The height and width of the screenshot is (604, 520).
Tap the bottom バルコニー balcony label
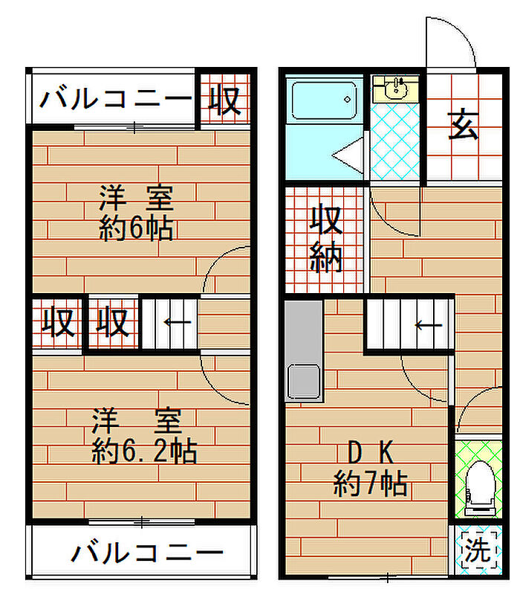[x=148, y=553]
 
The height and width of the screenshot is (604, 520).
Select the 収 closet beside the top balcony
[x=225, y=99]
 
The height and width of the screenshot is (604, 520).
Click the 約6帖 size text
[x=136, y=228]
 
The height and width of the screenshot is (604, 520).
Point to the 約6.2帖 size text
[x=143, y=451]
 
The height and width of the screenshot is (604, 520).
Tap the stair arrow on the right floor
[x=429, y=325]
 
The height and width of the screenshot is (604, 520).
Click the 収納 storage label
[x=326, y=238]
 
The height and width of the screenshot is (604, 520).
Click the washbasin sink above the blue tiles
[x=394, y=89]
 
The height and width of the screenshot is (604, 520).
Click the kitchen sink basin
[x=303, y=382]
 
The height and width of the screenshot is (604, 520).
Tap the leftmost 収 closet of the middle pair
[x=57, y=323]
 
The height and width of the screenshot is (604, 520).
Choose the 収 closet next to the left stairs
[x=114, y=323]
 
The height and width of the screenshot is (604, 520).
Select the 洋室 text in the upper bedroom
[x=136, y=199]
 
